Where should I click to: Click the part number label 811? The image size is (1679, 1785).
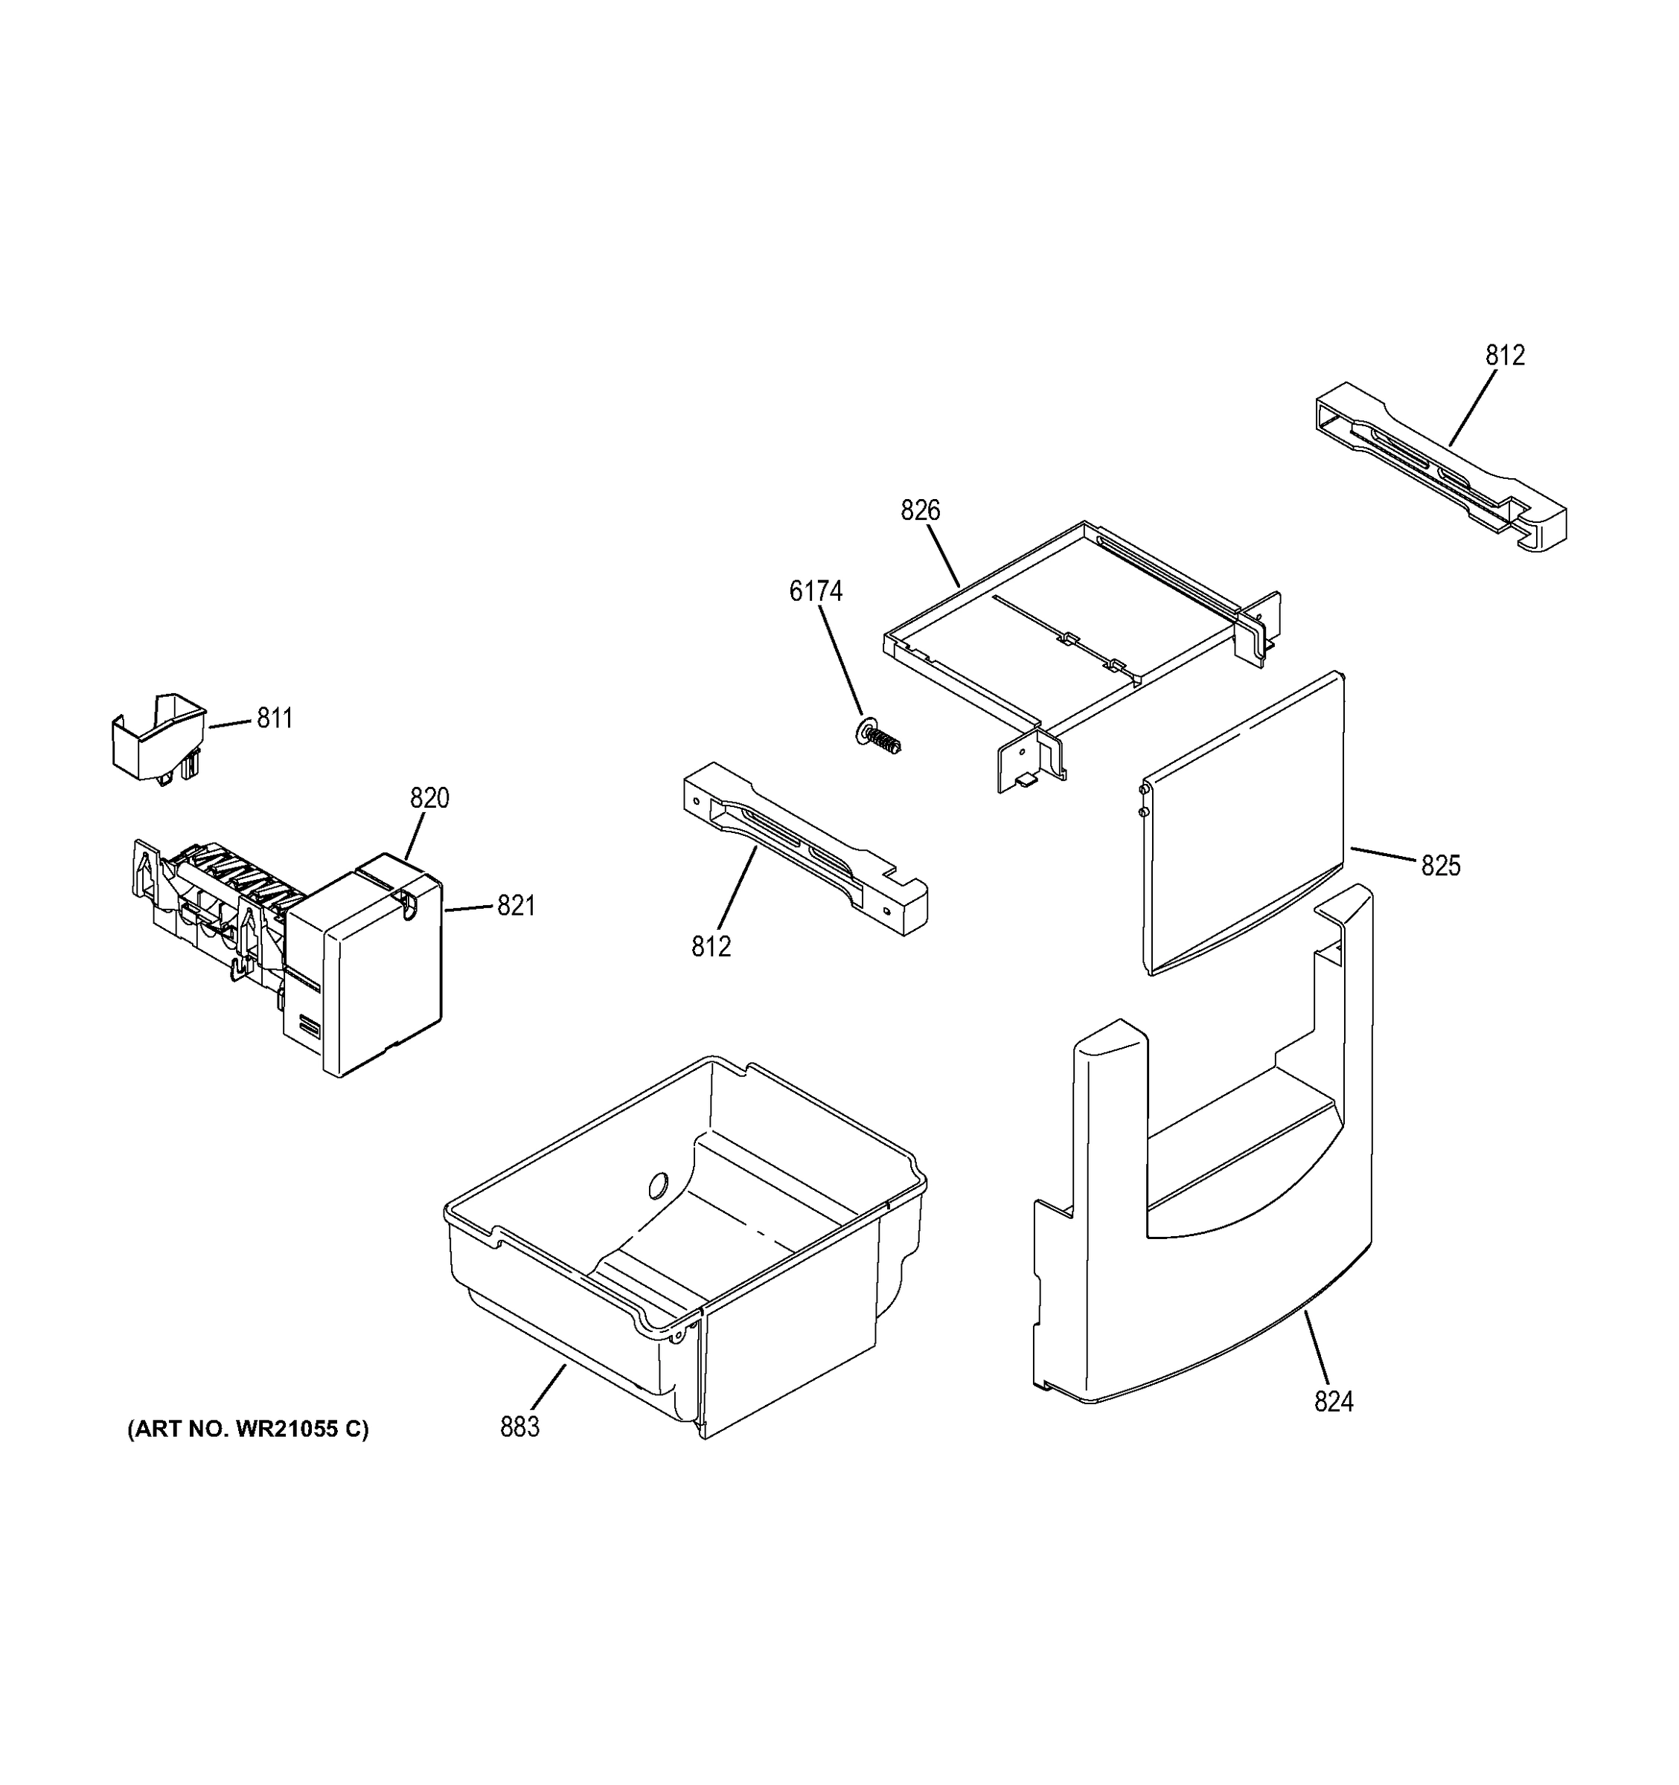[x=275, y=718]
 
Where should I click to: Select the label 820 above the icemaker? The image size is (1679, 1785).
[x=429, y=797]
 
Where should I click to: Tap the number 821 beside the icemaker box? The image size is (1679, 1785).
[x=516, y=906]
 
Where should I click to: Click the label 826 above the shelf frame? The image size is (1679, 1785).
[x=920, y=511]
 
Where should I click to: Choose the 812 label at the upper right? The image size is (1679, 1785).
[x=1505, y=356]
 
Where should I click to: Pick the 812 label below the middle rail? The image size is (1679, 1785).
[x=711, y=946]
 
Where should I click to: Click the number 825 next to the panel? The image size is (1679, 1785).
[x=1441, y=866]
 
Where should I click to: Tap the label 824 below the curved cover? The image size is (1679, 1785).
[x=1333, y=1402]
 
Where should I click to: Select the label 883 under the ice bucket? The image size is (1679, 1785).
[x=519, y=1427]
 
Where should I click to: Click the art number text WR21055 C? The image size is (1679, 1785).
[x=248, y=1429]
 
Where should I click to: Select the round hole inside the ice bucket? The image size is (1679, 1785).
[x=658, y=1186]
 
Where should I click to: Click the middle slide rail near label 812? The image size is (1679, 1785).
[x=804, y=849]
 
